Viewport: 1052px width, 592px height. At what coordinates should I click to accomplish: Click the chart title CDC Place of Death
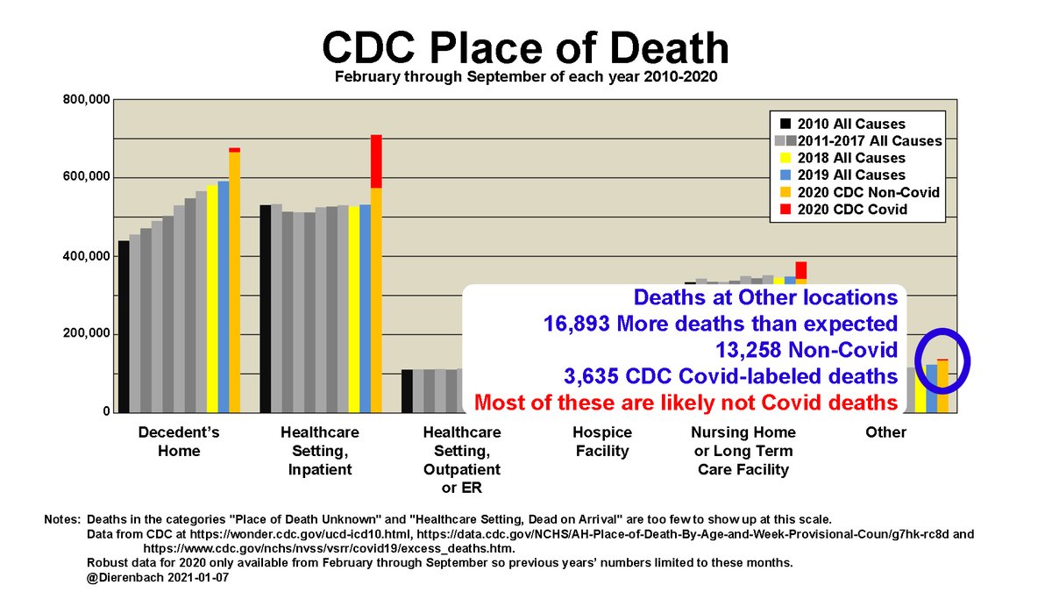tap(525, 48)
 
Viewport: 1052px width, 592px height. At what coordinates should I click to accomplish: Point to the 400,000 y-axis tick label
tap(85, 256)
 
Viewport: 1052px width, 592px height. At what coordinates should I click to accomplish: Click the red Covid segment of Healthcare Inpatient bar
tap(376, 161)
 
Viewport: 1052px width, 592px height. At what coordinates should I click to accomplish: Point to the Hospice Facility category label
tap(601, 442)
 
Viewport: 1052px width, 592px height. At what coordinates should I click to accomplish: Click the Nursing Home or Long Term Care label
tap(743, 451)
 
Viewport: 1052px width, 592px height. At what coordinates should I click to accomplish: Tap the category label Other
tap(885, 432)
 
